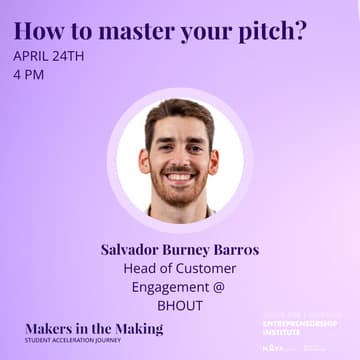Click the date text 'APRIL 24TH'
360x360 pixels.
[x=49, y=55]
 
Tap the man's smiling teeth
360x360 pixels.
[x=180, y=178]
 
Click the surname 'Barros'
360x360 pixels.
[x=233, y=249]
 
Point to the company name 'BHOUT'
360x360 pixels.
[x=180, y=305]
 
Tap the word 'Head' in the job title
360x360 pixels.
[x=139, y=268]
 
